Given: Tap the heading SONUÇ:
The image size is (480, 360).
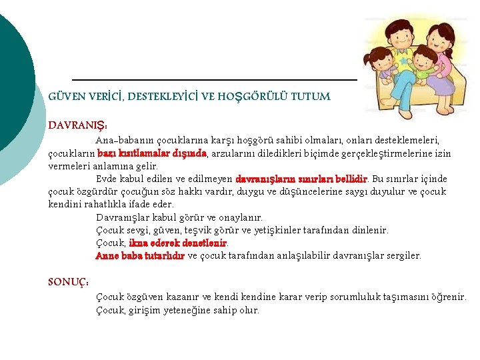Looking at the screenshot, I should click(69, 282).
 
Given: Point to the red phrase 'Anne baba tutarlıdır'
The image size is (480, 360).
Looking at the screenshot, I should click(140, 255).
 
